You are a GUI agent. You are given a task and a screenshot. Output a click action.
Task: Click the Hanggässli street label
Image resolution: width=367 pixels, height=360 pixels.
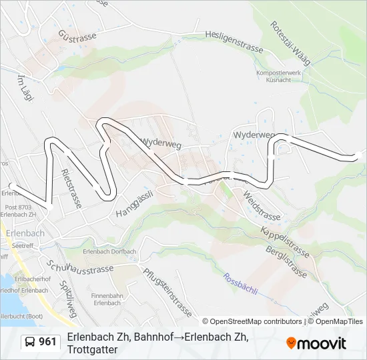[x=135, y=203]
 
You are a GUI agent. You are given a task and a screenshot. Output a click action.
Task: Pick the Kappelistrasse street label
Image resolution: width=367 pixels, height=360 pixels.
[x=285, y=241]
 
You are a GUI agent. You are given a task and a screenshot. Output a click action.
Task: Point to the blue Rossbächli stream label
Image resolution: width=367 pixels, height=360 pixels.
[x=240, y=286]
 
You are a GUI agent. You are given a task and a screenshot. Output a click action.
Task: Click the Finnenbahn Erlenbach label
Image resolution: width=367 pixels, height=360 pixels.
[x=107, y=299]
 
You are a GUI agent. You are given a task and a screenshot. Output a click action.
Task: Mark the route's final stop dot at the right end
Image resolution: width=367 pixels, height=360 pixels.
[x=358, y=155]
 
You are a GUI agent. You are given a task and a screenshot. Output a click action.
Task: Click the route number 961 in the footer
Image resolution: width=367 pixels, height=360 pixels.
[x=47, y=342]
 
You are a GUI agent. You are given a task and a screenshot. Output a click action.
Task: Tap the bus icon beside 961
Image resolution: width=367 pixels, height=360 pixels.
[x=29, y=342]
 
